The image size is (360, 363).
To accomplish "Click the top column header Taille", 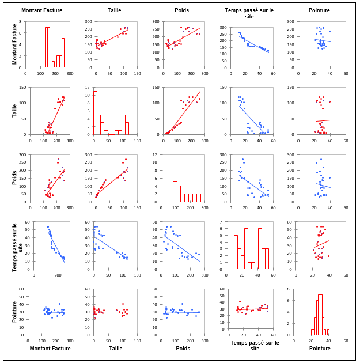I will [x=114, y=10].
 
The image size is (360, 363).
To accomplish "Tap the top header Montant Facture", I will [x=41, y=10].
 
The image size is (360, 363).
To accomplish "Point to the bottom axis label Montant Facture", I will [x=50, y=349].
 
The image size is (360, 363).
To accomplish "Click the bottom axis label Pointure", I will [x=319, y=349].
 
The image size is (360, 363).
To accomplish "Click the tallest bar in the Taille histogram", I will [x=95, y=112].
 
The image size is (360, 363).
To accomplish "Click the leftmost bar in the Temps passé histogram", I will [x=236, y=252].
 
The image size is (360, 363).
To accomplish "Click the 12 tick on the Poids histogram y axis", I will [x=157, y=155].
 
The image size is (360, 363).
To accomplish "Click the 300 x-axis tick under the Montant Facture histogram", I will [x=69, y=73].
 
